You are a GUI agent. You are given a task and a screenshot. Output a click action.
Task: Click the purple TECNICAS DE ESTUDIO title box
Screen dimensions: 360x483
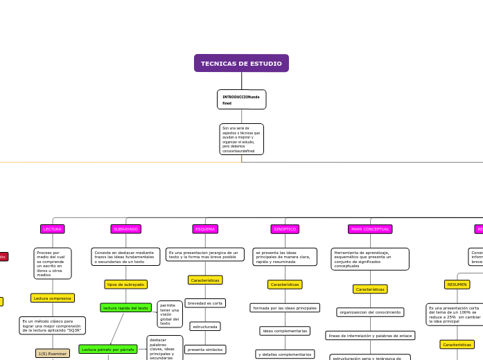coord(241,63)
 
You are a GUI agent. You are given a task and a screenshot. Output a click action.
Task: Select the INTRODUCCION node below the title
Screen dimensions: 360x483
coord(241,100)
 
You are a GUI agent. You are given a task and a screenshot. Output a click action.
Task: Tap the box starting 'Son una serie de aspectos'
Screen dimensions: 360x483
coord(241,139)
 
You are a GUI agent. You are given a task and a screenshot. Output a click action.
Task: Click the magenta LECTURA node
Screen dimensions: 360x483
coord(53,228)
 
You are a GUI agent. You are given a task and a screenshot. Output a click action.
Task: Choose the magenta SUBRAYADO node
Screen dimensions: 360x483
coord(125,228)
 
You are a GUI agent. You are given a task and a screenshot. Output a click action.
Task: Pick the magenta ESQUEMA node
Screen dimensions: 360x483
coord(205,228)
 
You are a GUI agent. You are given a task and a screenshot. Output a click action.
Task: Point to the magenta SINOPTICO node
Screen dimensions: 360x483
coord(285,228)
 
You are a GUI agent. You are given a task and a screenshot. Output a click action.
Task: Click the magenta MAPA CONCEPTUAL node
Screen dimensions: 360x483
coord(370,228)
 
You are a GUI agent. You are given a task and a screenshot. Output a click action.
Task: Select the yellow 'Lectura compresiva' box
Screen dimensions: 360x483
coord(53,298)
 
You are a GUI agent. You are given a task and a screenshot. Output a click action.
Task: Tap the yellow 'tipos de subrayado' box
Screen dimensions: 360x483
coord(125,285)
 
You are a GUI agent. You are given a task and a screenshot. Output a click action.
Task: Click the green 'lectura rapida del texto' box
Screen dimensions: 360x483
coord(125,307)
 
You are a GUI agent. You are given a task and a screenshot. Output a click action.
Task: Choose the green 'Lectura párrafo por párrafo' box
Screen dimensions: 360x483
coord(108,350)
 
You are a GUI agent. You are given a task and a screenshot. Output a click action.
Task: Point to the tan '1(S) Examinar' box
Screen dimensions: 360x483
coord(53,353)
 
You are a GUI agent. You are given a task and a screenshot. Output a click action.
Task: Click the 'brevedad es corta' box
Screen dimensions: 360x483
coord(205,303)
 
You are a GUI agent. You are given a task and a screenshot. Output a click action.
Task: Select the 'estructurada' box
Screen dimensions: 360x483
coord(205,326)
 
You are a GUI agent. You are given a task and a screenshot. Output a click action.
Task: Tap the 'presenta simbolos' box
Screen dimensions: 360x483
coord(205,350)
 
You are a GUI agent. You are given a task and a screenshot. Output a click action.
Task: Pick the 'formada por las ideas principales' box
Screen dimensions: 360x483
coord(285,307)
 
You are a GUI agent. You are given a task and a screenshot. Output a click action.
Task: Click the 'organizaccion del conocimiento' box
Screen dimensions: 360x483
coord(370,312)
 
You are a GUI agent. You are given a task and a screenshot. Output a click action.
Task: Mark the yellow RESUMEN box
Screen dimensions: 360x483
coord(457,284)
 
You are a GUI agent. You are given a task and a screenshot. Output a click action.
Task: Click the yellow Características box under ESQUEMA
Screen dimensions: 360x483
coord(205,280)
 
